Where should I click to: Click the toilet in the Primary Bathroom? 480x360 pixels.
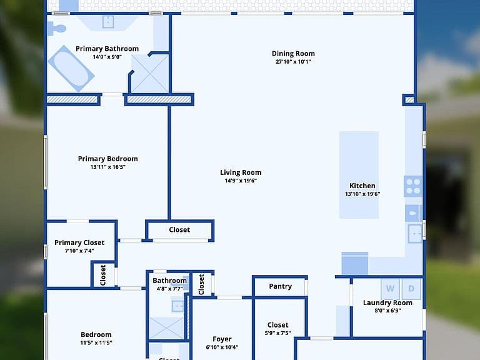click(57, 29)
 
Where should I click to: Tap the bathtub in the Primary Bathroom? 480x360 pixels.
click(71, 69)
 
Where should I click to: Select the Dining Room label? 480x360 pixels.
click(293, 54)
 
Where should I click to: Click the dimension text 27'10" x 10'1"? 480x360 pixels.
click(293, 61)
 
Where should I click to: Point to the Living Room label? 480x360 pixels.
click(241, 172)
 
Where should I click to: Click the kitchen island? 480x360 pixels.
click(359, 175)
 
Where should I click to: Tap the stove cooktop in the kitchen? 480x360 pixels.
click(413, 186)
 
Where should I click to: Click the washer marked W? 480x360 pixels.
click(390, 289)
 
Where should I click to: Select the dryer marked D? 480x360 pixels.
click(411, 289)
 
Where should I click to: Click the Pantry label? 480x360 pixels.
click(281, 286)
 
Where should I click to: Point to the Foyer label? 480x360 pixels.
click(222, 339)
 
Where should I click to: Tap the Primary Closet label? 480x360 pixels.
click(79, 242)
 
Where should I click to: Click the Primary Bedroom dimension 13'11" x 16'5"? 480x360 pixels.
click(107, 167)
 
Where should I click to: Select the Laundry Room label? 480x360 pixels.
click(387, 302)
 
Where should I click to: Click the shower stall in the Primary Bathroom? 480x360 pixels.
click(150, 74)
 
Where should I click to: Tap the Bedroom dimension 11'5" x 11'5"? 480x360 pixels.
click(96, 343)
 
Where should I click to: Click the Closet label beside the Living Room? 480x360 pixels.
click(179, 230)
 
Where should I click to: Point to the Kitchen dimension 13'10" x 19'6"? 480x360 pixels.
click(362, 194)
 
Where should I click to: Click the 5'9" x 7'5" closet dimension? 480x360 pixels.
click(277, 333)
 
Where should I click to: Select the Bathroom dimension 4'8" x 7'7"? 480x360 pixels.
click(169, 289)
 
